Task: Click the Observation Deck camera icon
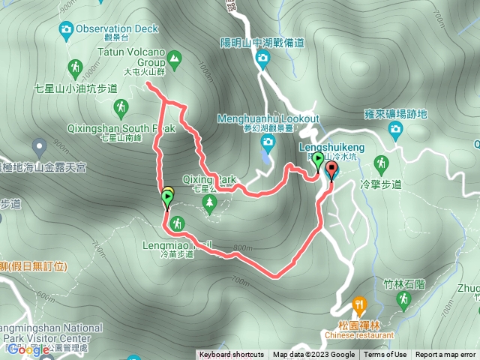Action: (x=66, y=29)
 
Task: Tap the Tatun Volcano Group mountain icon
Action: (x=174, y=56)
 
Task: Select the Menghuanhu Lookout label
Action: (x=268, y=118)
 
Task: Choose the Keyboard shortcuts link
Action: (x=231, y=355)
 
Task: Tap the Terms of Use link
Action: (x=386, y=355)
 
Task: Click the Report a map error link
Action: (x=446, y=355)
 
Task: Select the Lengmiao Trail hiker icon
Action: (x=177, y=223)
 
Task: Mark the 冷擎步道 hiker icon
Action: (x=381, y=163)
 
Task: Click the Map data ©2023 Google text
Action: (x=313, y=355)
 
